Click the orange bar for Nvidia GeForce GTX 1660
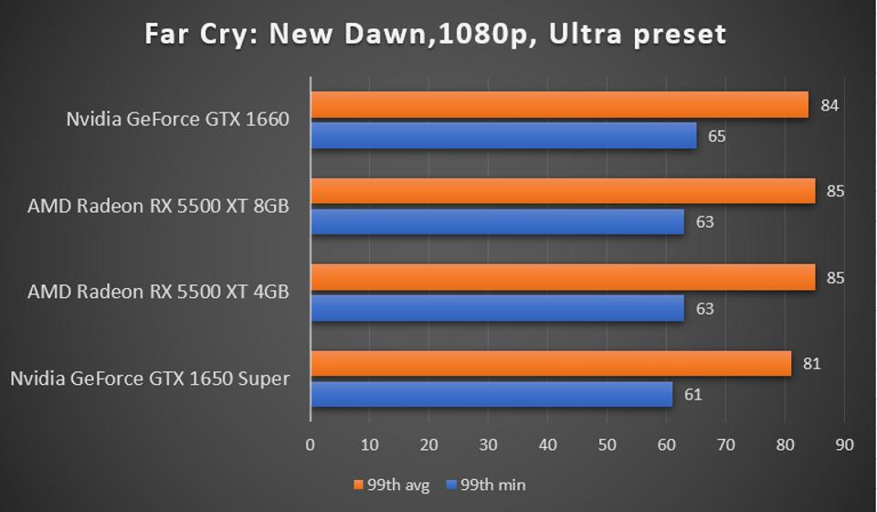pyautogui.click(x=559, y=105)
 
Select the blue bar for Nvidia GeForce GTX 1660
pyautogui.click(x=503, y=136)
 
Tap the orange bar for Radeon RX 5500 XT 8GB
pyautogui.click(x=563, y=191)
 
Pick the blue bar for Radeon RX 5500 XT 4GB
pyautogui.click(x=497, y=308)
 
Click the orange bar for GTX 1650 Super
pyautogui.click(x=551, y=364)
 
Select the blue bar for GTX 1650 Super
pyautogui.click(x=491, y=395)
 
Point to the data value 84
pyautogui.click(x=829, y=105)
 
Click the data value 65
pyautogui.click(x=717, y=137)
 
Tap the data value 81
pyautogui.click(x=811, y=364)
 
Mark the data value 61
pyautogui.click(x=692, y=395)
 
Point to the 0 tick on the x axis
pyautogui.click(x=311, y=445)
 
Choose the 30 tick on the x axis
pyautogui.click(x=489, y=445)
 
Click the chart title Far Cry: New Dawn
pyautogui.click(x=436, y=35)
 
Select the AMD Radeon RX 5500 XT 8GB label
pyautogui.click(x=158, y=206)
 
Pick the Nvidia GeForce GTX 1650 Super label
pyautogui.click(x=150, y=379)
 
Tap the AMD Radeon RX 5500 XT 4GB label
pyautogui.click(x=158, y=293)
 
